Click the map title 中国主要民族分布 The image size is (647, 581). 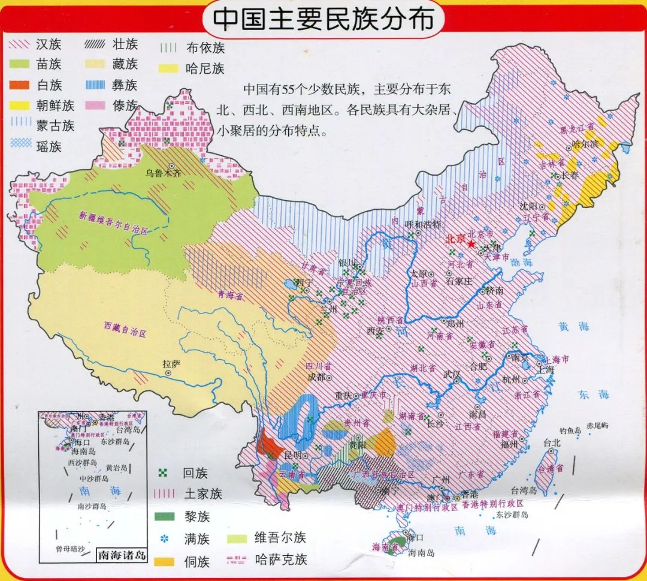323,20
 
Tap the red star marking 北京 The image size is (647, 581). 471,245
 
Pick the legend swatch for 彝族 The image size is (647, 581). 95,85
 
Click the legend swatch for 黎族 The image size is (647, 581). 164,516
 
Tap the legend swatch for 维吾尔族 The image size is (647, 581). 239,538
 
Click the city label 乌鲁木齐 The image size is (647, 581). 163,173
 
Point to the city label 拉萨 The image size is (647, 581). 171,363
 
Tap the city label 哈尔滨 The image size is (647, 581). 585,144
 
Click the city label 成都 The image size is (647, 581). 316,377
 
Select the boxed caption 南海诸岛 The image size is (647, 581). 122,555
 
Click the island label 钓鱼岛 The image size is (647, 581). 570,430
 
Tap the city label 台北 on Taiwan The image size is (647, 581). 551,443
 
